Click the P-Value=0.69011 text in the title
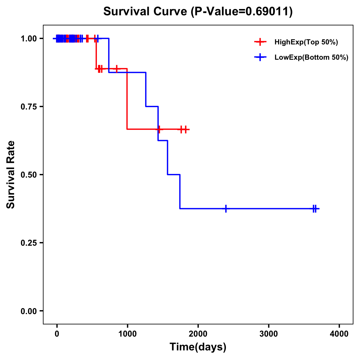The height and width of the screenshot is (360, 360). [x=243, y=12]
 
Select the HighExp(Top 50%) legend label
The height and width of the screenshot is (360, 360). [x=306, y=42]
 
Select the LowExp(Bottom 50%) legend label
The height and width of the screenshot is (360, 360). [x=311, y=58]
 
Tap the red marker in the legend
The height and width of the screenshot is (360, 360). [x=260, y=42]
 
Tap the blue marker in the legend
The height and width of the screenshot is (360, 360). [x=260, y=58]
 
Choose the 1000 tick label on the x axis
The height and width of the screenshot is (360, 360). [x=127, y=334]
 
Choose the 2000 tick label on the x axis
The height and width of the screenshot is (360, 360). [x=198, y=334]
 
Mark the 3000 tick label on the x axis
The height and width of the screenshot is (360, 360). [x=268, y=334]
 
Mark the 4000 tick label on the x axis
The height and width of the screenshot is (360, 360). [x=339, y=334]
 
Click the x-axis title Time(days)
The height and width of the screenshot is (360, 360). [x=198, y=347]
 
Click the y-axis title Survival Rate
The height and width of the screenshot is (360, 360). [x=11, y=175]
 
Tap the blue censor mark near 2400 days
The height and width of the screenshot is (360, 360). [x=226, y=208]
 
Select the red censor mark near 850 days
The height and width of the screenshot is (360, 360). [x=117, y=69]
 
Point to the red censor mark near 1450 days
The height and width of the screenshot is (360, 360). [x=159, y=129]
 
